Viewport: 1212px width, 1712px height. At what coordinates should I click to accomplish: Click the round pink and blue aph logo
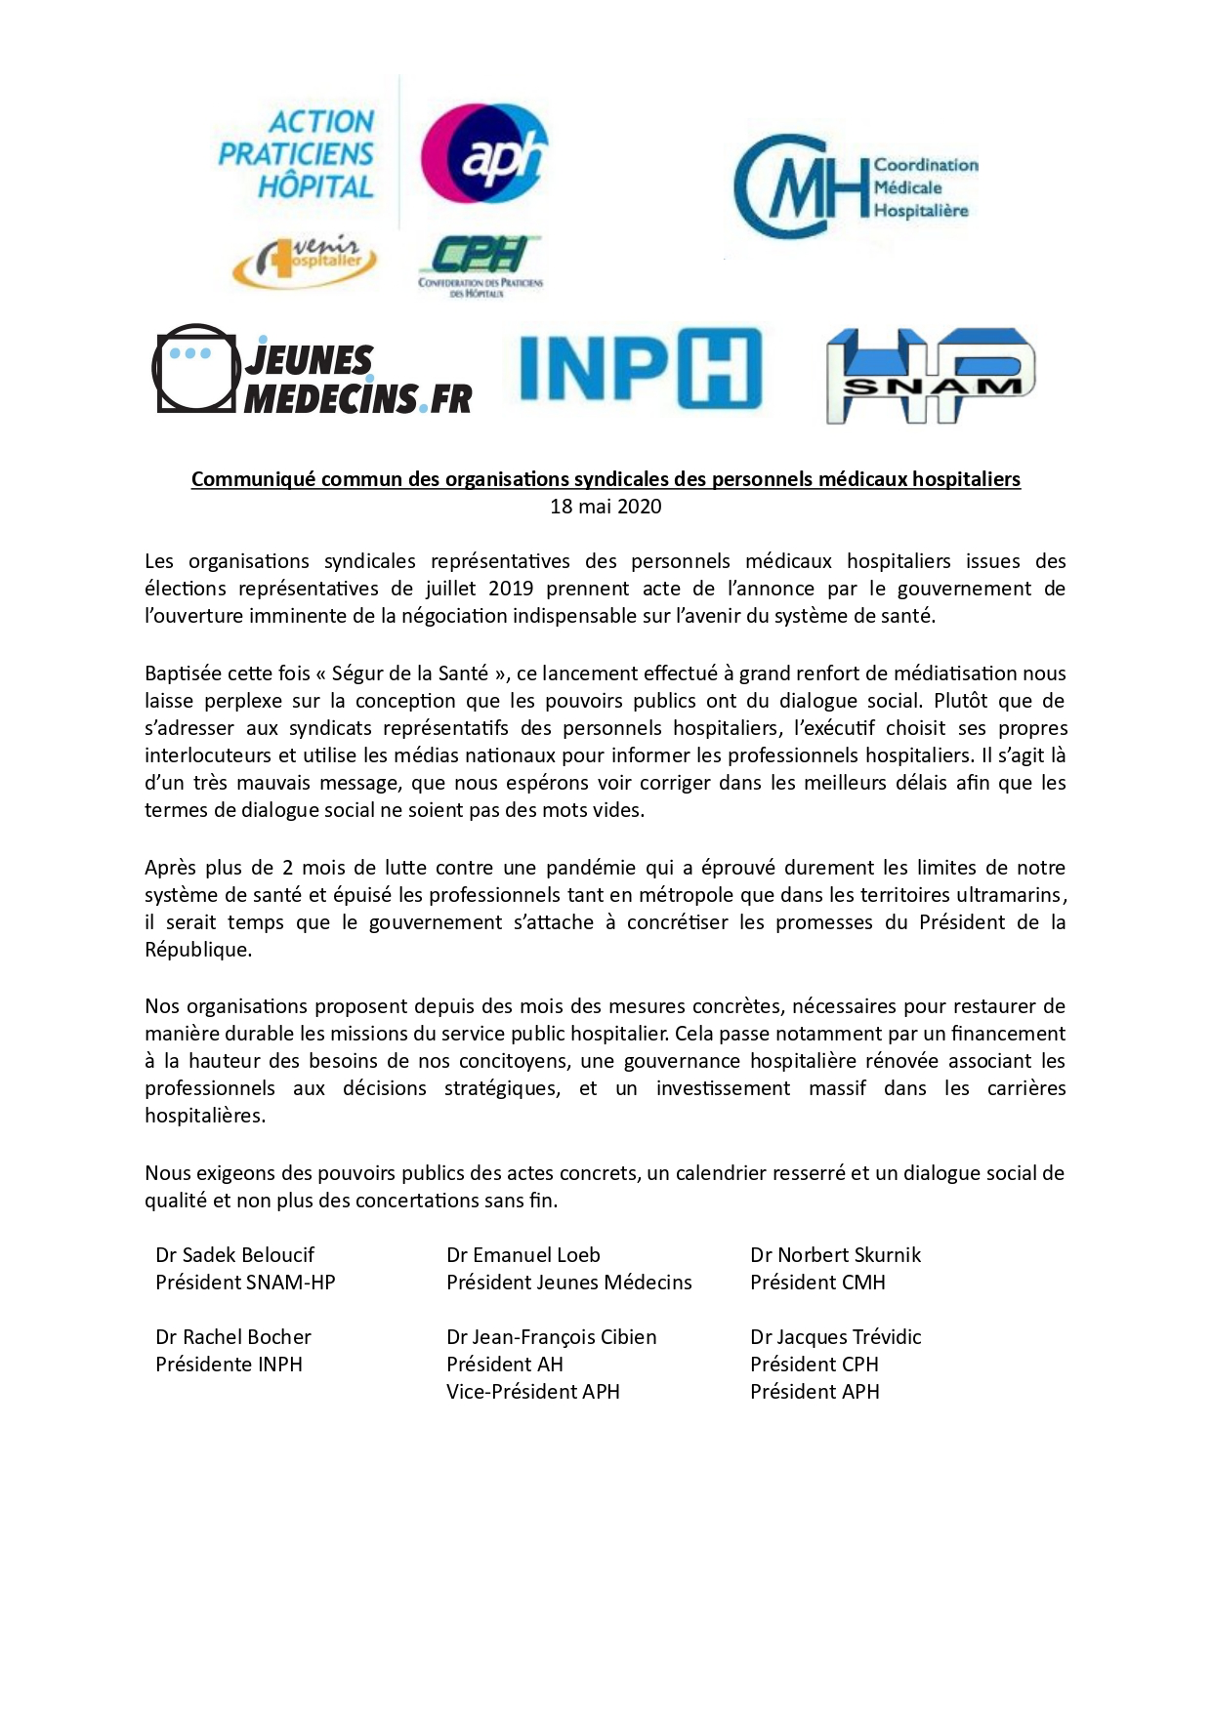coord(483,153)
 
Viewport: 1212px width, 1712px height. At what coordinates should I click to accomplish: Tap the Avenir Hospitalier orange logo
coord(304,261)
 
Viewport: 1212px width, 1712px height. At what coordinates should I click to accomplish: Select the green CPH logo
coord(480,264)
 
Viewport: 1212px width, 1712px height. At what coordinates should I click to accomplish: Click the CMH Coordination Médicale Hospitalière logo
coord(855,186)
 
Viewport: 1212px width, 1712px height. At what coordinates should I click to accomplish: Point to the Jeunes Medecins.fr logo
coord(313,369)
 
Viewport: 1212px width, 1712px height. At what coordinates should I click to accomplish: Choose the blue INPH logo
coord(640,369)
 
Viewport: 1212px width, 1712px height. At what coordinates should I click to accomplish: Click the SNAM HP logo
coord(930,376)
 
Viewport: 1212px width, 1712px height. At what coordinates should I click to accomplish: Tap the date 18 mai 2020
coord(606,506)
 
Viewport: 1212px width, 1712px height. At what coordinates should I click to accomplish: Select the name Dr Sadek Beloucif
coord(234,1255)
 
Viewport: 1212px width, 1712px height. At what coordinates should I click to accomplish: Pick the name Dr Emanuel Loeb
coord(523,1255)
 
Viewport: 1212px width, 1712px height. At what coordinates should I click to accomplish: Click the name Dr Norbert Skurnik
coord(835,1255)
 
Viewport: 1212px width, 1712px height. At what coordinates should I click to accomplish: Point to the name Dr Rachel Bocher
coord(233,1337)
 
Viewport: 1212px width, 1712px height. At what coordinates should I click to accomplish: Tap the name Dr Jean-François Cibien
coord(552,1337)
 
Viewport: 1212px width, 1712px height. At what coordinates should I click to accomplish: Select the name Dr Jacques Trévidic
coord(835,1337)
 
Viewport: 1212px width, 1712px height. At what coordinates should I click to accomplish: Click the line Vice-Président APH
coord(533,1392)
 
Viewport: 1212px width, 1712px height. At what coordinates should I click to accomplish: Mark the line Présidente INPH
coord(229,1365)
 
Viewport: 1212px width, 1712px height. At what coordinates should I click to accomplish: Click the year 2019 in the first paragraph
coord(511,589)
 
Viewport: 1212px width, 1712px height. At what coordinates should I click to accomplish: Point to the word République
coord(197,950)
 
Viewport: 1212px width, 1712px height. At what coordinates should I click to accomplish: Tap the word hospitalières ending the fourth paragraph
coord(205,1116)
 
